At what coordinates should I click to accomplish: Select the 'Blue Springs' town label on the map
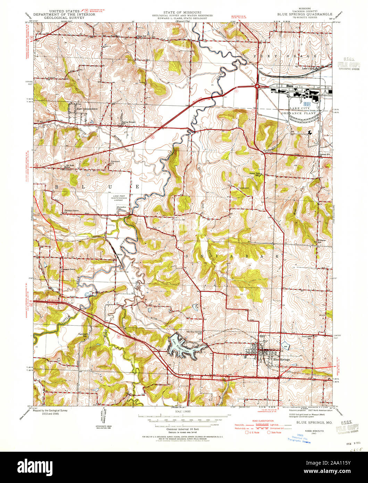pos(281,359)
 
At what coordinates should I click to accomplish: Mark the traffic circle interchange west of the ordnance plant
pos(257,85)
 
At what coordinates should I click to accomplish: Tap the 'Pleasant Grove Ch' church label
pos(73,211)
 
